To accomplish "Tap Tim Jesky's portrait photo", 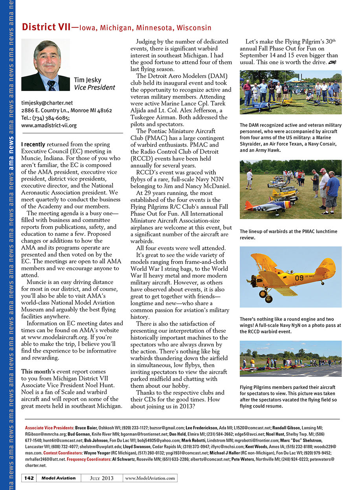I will pos(46,65).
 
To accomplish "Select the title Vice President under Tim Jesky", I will pos(94,87).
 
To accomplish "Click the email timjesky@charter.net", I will pos(47,103).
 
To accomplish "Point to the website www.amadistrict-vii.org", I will pos(49,125).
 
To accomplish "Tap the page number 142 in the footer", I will pos(29,478).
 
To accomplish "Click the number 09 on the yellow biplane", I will pos(299,278).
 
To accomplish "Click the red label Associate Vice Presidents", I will pos(49,427).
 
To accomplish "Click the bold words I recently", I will pos(33,144).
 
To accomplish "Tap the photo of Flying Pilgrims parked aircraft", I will pos(290,359).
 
